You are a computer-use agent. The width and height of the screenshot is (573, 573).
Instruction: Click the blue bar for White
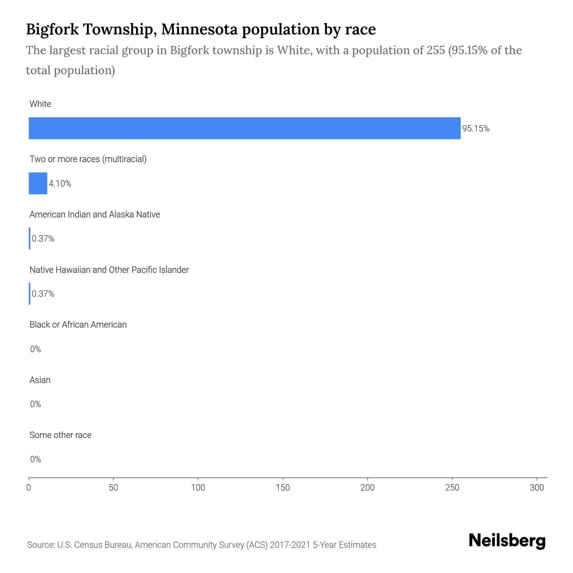tap(244, 128)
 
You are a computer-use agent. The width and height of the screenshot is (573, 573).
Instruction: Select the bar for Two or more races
tap(38, 183)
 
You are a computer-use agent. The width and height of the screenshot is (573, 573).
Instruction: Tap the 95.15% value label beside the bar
tap(476, 129)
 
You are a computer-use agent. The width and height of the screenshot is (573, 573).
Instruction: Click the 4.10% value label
tap(60, 184)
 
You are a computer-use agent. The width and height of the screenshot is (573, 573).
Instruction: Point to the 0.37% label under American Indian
tap(43, 239)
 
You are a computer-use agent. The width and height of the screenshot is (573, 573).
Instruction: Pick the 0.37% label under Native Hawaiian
tap(43, 294)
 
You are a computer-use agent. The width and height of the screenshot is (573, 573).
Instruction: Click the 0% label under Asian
tap(35, 404)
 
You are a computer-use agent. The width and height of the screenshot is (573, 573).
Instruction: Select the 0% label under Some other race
tap(35, 459)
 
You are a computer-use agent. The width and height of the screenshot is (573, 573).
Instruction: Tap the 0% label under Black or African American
tap(35, 349)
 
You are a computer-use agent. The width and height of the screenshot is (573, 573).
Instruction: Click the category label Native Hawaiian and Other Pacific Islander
tap(109, 270)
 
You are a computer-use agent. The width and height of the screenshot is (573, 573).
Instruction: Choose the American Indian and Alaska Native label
tap(95, 215)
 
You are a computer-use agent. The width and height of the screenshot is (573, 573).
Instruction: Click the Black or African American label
tap(78, 325)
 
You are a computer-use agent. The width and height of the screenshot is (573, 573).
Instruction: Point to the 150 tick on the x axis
tap(283, 488)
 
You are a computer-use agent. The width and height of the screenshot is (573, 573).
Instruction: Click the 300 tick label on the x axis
tap(537, 488)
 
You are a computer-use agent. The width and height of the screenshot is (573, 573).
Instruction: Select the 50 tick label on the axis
tap(113, 488)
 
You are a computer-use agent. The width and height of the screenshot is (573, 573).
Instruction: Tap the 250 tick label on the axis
tap(452, 488)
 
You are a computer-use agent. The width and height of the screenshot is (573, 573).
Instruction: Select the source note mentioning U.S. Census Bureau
tap(202, 545)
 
